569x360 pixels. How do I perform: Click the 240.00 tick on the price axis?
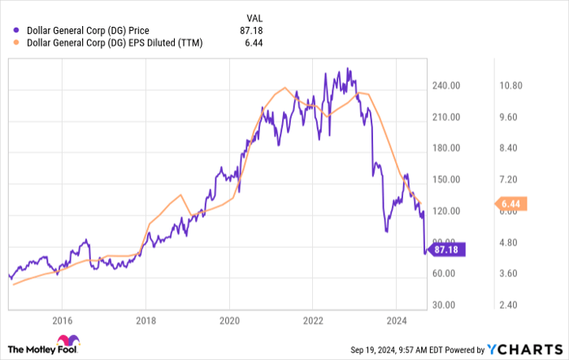[x=447, y=86]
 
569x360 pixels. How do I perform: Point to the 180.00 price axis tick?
[x=447, y=149]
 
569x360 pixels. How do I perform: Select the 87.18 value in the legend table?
[x=251, y=31]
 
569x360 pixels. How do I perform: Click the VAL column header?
[x=254, y=17]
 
